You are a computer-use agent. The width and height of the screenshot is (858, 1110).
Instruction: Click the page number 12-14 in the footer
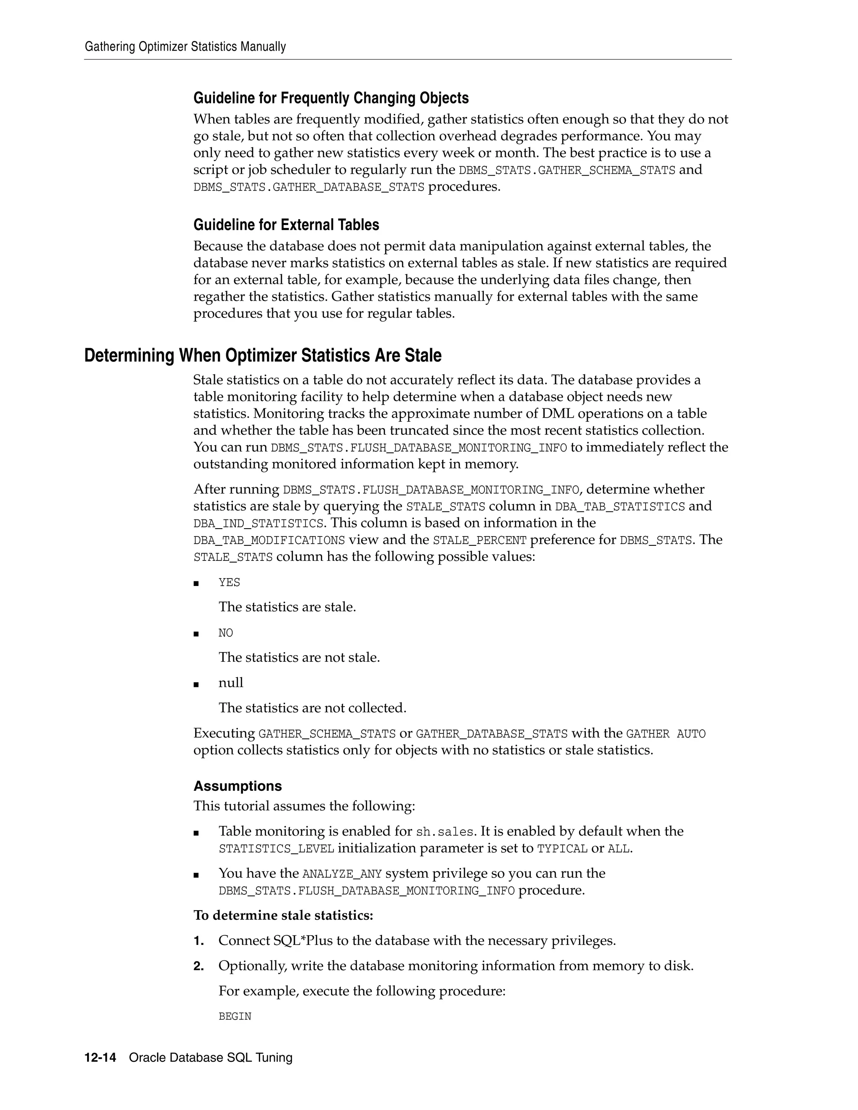(x=100, y=1058)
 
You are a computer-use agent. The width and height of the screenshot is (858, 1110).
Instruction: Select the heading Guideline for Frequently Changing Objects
(x=331, y=98)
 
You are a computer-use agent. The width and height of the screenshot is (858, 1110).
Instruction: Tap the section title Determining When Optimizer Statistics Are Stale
(x=263, y=355)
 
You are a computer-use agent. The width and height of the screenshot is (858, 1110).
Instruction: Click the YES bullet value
(x=229, y=583)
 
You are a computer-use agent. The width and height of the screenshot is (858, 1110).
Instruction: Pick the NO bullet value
(x=226, y=633)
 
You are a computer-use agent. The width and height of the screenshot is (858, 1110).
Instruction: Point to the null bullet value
(x=231, y=683)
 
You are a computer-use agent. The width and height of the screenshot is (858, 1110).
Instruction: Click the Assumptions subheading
(x=238, y=786)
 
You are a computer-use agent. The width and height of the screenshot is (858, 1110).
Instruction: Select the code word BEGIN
(x=235, y=1016)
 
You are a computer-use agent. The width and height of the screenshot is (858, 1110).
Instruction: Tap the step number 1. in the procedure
(x=199, y=941)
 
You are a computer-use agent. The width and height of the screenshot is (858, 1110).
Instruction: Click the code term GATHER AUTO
(x=666, y=734)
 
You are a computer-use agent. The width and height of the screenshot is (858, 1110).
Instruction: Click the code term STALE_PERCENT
(x=479, y=540)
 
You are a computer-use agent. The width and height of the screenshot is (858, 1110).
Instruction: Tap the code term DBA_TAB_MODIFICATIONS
(x=269, y=540)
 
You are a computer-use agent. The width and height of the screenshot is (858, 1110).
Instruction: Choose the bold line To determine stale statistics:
(x=283, y=915)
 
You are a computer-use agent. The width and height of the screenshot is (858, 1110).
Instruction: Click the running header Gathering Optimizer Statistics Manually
(x=185, y=47)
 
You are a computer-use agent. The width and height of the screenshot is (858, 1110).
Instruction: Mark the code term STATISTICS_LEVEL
(x=277, y=849)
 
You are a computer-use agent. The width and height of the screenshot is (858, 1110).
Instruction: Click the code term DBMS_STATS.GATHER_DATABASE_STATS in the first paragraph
(x=308, y=188)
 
